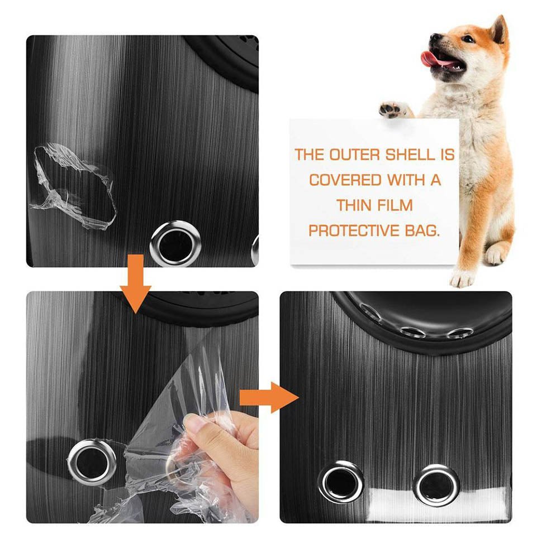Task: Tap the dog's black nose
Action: click(x=433, y=38)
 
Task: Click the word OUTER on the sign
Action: click(x=351, y=155)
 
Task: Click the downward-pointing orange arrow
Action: click(x=136, y=284)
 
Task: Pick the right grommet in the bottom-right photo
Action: click(x=436, y=483)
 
